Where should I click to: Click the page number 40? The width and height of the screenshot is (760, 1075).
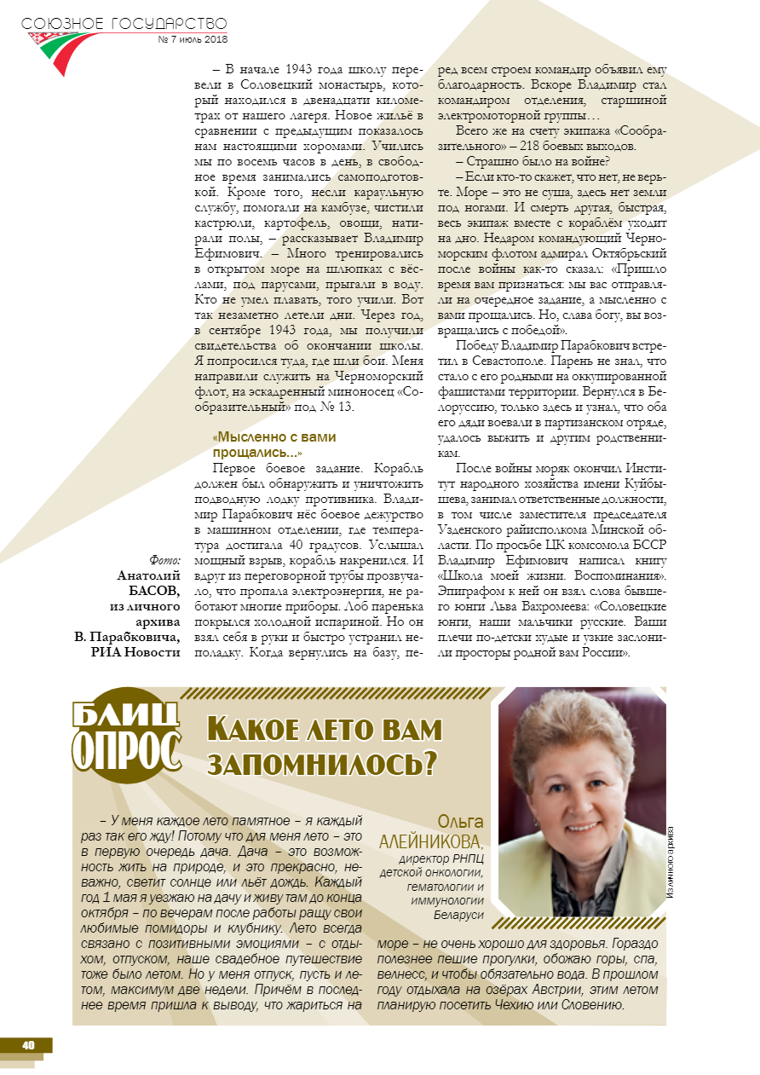point(28,1045)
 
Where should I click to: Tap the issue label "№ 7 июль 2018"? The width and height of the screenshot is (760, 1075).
point(193,39)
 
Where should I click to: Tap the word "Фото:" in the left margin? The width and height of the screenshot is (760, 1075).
point(164,560)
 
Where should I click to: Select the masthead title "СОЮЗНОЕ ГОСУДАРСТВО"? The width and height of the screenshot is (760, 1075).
point(124,23)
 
